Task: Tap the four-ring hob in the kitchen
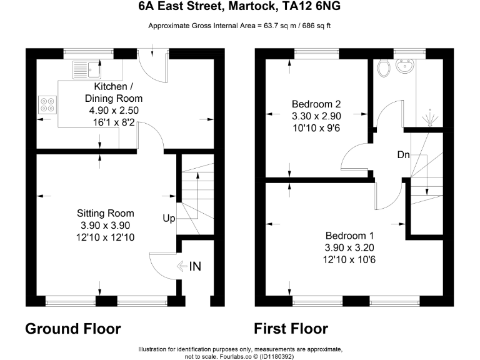coord(47,104)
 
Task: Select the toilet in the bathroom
coord(384,67)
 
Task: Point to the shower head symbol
coord(429,117)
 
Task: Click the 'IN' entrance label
coord(195,267)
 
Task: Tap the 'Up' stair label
coord(169,219)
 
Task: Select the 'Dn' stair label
coord(403,155)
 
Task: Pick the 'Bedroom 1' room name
coord(349,236)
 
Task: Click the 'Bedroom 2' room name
coord(316,104)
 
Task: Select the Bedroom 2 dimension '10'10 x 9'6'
coord(316,128)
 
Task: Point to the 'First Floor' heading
coord(291,329)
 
